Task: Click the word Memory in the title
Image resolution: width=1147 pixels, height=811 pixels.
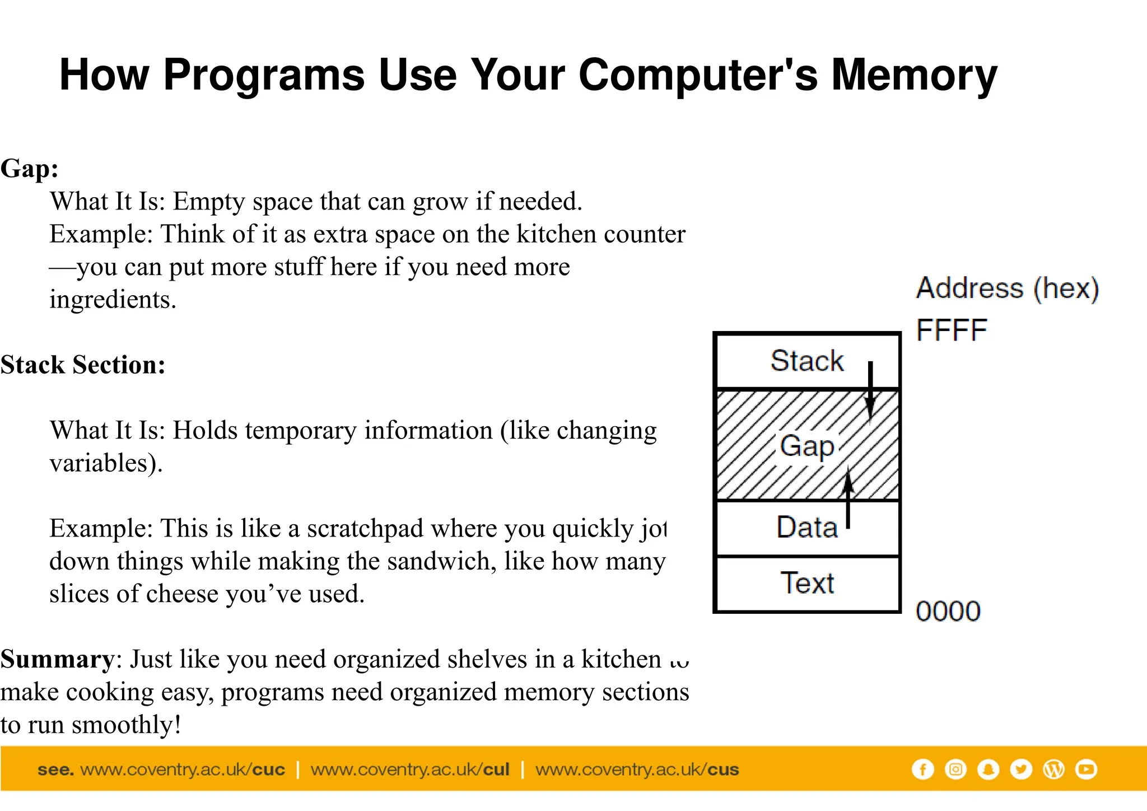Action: pyautogui.click(x=913, y=75)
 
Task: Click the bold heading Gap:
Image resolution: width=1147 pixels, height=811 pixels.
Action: pyautogui.click(x=30, y=169)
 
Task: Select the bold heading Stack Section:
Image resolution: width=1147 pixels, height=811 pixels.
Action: pyautogui.click(x=83, y=365)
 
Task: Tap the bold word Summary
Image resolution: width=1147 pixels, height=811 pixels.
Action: pyautogui.click(x=57, y=659)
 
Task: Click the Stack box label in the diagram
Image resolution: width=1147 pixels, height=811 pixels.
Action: pyautogui.click(x=806, y=361)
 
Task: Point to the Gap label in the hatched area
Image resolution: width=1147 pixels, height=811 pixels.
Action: pyautogui.click(x=807, y=446)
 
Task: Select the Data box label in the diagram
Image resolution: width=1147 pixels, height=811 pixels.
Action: pyautogui.click(x=807, y=528)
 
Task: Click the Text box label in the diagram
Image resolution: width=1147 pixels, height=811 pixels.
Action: pyautogui.click(x=807, y=583)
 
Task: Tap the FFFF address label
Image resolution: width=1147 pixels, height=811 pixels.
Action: pyautogui.click(x=951, y=330)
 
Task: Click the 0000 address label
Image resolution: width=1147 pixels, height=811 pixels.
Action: pyautogui.click(x=948, y=611)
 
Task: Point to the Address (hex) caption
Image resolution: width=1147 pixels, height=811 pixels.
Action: pyautogui.click(x=1007, y=288)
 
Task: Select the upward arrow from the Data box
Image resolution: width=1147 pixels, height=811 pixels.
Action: pyautogui.click(x=848, y=498)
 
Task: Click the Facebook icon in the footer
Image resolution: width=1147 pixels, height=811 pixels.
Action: pyautogui.click(x=922, y=770)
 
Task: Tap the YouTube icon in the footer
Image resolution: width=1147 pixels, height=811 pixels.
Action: pyautogui.click(x=1086, y=770)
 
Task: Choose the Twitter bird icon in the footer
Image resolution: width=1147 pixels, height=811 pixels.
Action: pyautogui.click(x=1021, y=770)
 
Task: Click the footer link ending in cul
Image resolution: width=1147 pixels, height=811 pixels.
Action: pyautogui.click(x=410, y=770)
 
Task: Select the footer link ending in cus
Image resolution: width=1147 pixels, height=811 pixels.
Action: pyautogui.click(x=637, y=770)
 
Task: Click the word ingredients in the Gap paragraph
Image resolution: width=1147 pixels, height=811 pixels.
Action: pyautogui.click(x=113, y=300)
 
